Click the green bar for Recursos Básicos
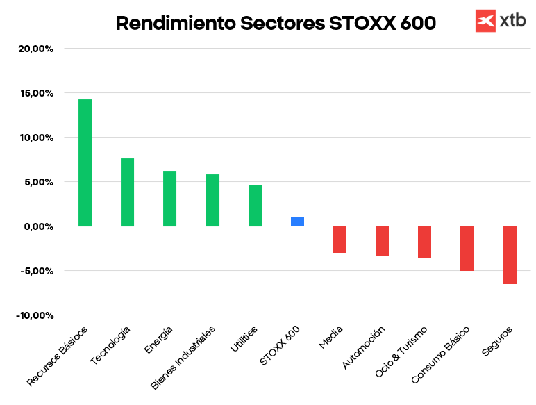click(85, 163)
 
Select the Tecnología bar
click(127, 192)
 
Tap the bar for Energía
click(169, 199)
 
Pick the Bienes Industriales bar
click(212, 200)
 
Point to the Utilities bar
click(255, 206)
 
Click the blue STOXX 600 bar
click(297, 222)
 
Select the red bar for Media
click(340, 240)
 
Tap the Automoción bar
click(382, 241)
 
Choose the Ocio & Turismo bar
click(424, 242)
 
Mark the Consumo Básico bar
click(467, 249)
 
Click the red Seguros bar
click(510, 255)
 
